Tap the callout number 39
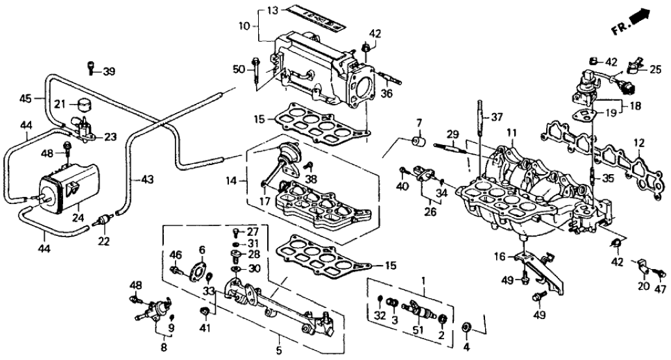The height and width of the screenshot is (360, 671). (109, 71)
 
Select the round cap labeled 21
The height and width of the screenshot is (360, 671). (83, 105)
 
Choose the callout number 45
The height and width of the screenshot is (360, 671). (24, 99)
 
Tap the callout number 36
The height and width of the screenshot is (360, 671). (388, 94)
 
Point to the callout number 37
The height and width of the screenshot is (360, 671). (497, 117)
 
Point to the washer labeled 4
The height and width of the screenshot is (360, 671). (467, 326)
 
